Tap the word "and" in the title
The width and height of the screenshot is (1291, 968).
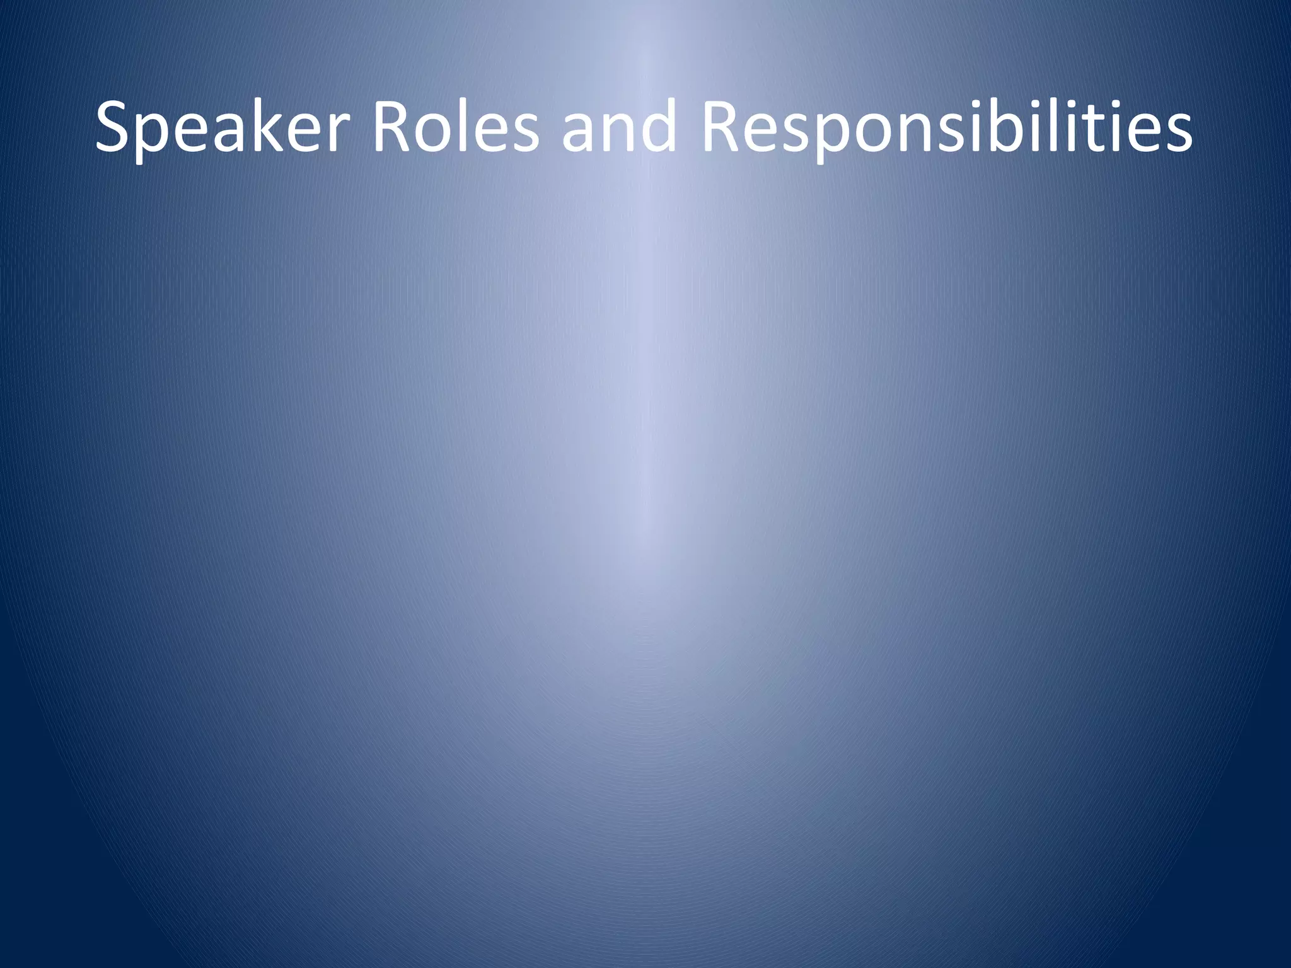coord(618,129)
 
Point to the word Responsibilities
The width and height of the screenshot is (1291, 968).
coord(946,129)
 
